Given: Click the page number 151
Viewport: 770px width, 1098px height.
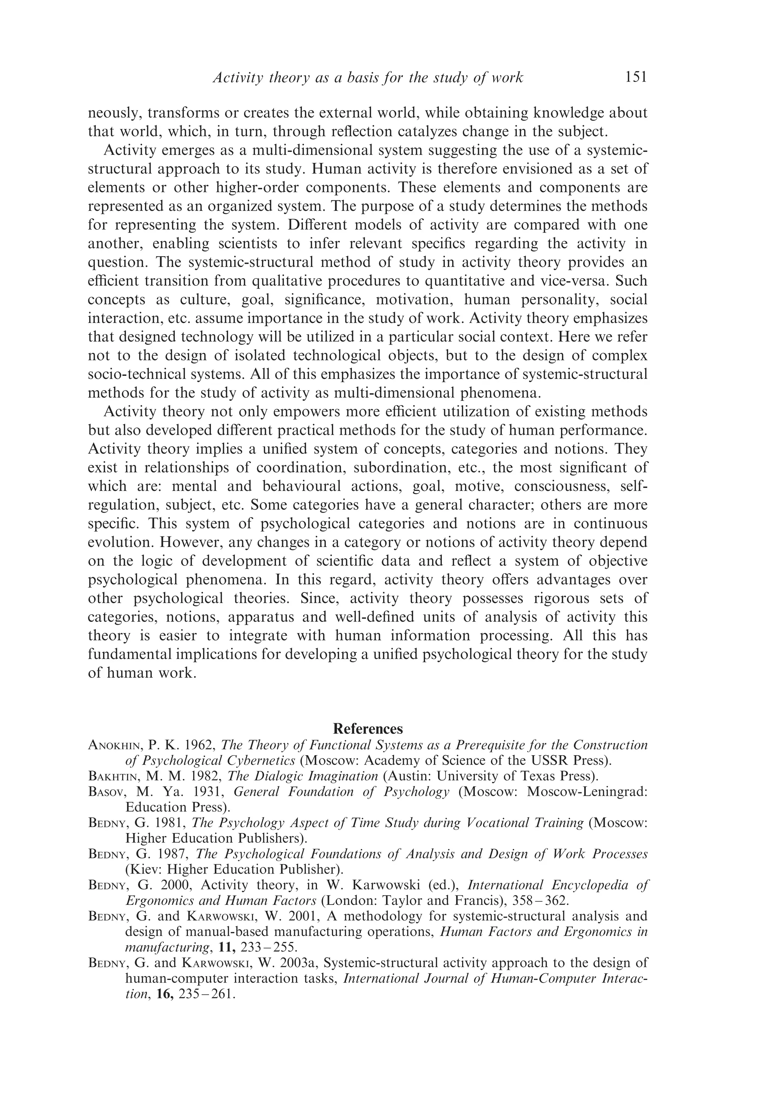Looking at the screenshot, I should [x=635, y=77].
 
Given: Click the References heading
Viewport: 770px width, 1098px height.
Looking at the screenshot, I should [x=368, y=729].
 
